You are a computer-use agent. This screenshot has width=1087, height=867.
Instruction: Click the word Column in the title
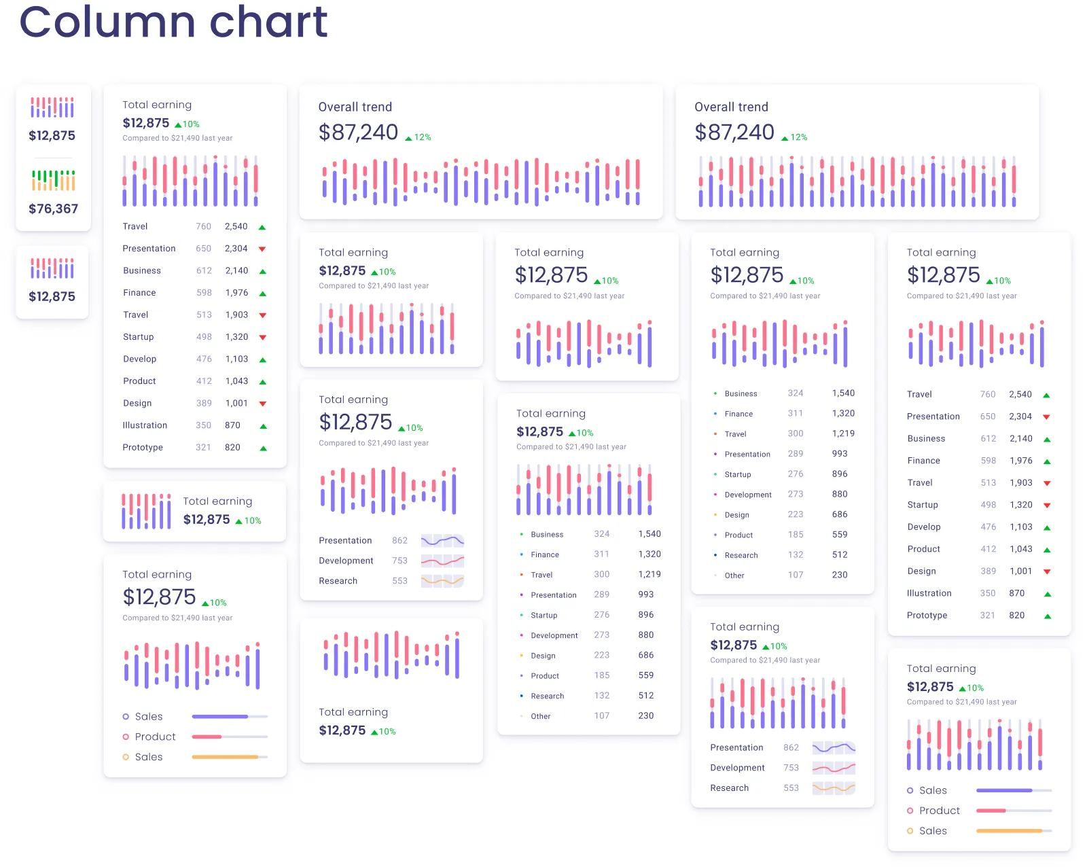(x=108, y=22)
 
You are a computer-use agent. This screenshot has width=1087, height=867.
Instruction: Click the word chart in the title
(x=268, y=22)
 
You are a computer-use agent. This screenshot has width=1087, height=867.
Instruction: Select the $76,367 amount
(x=53, y=209)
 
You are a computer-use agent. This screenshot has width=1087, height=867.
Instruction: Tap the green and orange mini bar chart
(x=53, y=180)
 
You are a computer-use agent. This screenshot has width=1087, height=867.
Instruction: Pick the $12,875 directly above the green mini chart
(x=52, y=135)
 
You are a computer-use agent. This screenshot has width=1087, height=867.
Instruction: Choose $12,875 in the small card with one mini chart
(x=52, y=296)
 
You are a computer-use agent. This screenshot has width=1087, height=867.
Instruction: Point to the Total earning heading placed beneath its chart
(x=353, y=712)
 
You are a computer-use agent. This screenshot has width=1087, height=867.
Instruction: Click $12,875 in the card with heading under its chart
(x=342, y=730)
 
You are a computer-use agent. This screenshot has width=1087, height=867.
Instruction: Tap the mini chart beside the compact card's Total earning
(x=146, y=511)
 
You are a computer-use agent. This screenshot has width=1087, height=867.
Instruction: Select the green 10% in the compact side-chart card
(x=252, y=520)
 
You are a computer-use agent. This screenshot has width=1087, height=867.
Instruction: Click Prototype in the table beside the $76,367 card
(x=143, y=447)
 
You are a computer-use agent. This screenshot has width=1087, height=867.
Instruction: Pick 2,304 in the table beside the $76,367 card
(x=236, y=249)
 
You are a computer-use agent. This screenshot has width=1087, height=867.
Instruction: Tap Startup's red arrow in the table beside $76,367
(x=263, y=337)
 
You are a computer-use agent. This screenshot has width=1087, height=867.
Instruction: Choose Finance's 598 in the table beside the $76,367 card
(x=204, y=293)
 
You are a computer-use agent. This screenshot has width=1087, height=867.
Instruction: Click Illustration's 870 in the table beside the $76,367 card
(x=232, y=425)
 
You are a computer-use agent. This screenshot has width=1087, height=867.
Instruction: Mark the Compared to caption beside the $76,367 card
(x=177, y=138)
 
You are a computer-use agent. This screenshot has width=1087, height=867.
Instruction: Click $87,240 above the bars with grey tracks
(x=734, y=132)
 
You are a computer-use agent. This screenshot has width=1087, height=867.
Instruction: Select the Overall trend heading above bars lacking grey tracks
(x=355, y=107)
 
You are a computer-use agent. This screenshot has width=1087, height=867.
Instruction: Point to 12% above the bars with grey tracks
(x=798, y=137)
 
